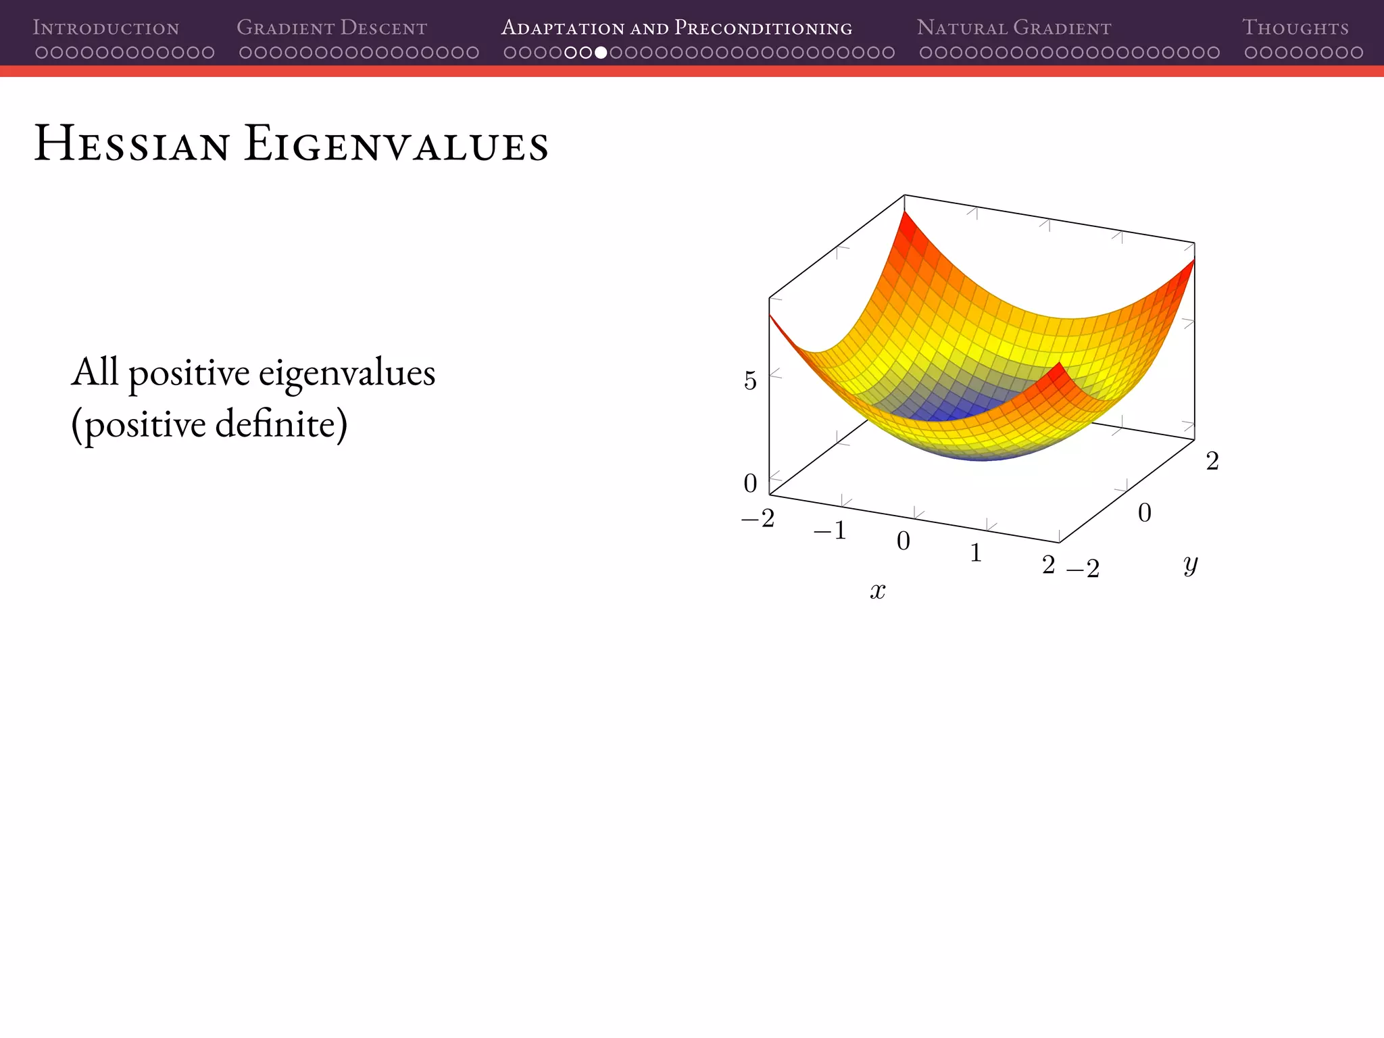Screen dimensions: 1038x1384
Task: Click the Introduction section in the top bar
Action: (x=106, y=28)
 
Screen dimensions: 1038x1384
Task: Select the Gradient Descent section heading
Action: (x=332, y=28)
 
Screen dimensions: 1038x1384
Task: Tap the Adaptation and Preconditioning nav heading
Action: (x=676, y=28)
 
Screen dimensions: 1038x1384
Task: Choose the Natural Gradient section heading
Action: (x=1014, y=28)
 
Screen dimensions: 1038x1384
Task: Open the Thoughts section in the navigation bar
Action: (x=1295, y=28)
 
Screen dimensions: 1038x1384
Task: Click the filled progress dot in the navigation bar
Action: (x=601, y=53)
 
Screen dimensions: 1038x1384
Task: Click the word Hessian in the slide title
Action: (x=132, y=144)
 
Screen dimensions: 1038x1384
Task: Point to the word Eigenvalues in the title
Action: (x=396, y=144)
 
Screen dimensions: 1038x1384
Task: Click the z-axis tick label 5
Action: (x=750, y=381)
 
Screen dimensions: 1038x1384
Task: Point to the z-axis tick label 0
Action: (x=750, y=483)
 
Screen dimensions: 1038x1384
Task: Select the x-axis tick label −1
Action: (x=830, y=531)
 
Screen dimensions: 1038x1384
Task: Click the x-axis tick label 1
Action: (x=976, y=553)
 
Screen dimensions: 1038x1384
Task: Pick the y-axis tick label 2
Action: (x=1212, y=462)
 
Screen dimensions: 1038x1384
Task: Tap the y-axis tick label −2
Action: (x=1083, y=569)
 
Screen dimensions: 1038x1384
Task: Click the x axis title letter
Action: (x=877, y=591)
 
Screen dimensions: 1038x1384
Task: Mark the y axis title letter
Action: (x=1190, y=564)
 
